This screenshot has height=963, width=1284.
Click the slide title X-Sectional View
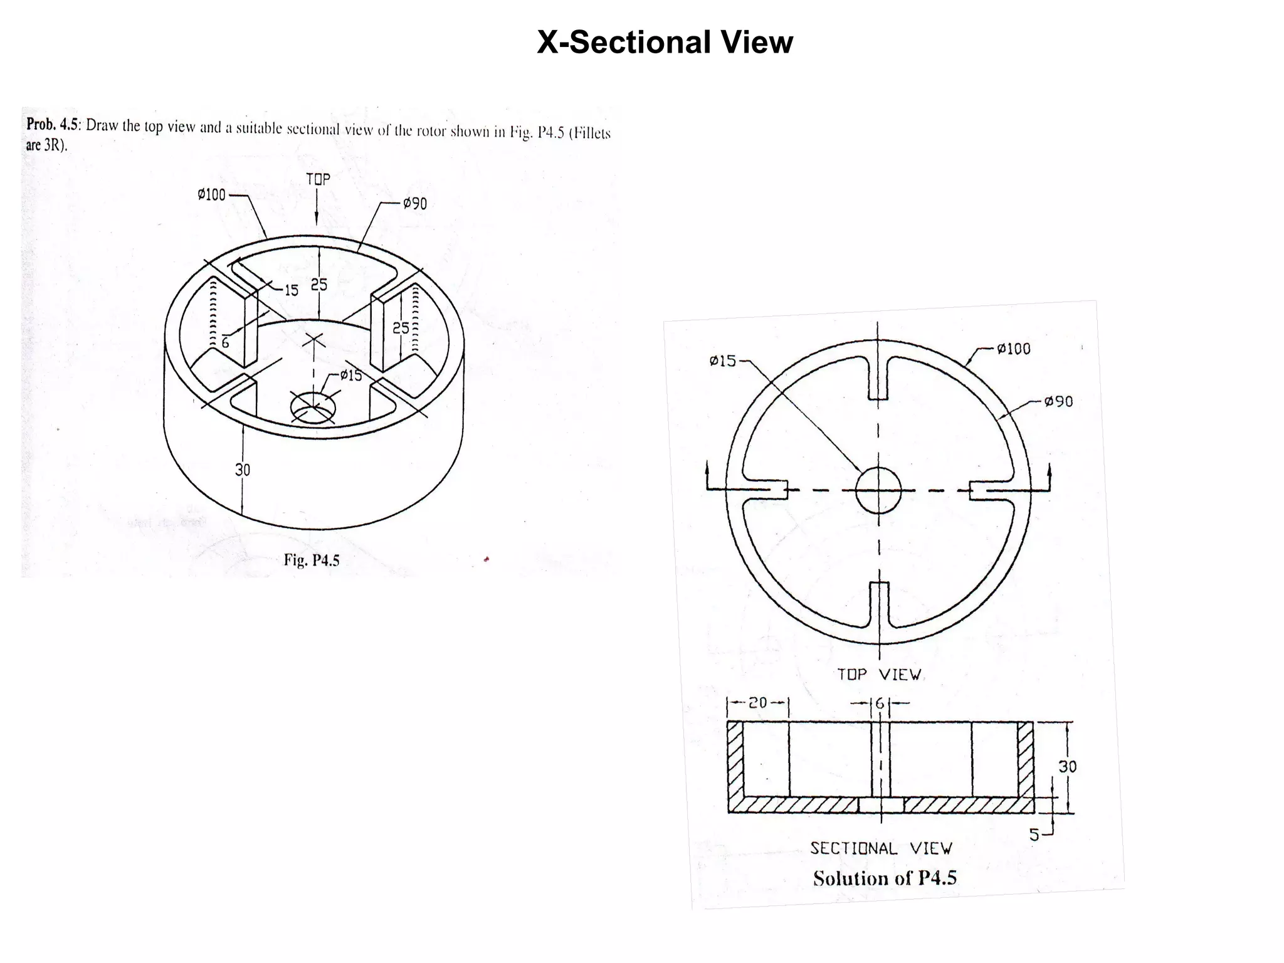[x=665, y=43]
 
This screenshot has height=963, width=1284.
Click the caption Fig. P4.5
[x=311, y=560]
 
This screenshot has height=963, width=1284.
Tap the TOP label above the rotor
[x=318, y=179]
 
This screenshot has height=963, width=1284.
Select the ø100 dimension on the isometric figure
[x=211, y=195]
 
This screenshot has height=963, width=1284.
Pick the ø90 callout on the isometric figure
[x=414, y=204]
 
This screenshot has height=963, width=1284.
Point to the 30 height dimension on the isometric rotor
[x=243, y=470]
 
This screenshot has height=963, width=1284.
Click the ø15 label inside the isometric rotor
[x=350, y=376]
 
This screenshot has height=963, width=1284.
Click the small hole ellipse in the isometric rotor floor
[x=313, y=408]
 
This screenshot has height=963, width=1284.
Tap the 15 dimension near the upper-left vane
[x=292, y=290]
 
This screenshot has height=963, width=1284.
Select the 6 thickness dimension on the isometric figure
[x=225, y=343]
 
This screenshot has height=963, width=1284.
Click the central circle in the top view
[x=878, y=490]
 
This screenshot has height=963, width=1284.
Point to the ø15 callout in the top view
[x=723, y=361]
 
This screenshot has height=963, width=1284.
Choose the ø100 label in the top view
[x=1013, y=349]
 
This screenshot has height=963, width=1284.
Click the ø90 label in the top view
[x=1058, y=401]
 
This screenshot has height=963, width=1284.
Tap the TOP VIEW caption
[x=879, y=675]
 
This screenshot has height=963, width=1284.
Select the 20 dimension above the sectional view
[x=758, y=703]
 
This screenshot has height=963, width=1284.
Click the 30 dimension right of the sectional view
[x=1067, y=766]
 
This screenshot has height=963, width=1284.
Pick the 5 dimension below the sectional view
[x=1034, y=834]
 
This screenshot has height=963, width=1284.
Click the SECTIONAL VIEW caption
[x=881, y=848]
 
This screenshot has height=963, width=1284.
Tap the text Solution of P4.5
[x=885, y=878]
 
